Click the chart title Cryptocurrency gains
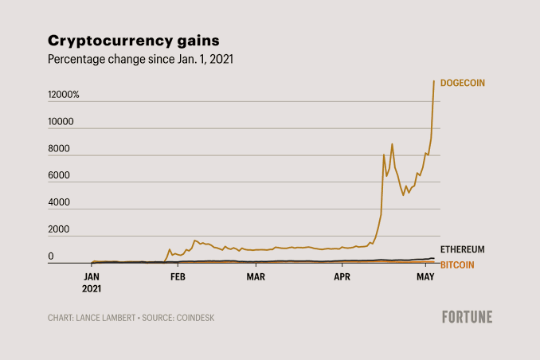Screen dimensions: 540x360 134,41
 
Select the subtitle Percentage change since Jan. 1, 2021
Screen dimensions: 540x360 140,59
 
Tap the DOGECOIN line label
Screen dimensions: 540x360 463,83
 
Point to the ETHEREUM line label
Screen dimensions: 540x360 462,249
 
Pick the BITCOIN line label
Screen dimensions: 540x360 457,265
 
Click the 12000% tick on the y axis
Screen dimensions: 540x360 64,95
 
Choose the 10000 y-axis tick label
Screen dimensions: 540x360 61,122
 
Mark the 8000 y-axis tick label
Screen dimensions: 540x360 59,148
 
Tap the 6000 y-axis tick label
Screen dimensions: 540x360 59,175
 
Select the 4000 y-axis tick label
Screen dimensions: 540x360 59,202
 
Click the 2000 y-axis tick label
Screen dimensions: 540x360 59,229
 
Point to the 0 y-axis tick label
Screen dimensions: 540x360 51,256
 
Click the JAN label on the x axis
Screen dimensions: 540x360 92,276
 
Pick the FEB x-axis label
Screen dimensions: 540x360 178,276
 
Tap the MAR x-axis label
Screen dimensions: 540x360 256,276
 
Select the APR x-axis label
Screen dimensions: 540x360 342,276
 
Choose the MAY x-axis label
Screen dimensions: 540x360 425,276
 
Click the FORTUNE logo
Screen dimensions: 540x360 468,317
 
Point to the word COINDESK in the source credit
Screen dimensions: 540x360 195,318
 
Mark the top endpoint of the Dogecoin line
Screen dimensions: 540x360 434,81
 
